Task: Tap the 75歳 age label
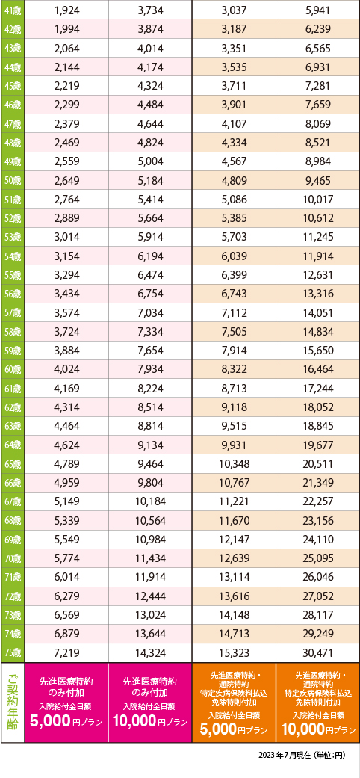tap(12, 652)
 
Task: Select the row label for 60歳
tap(12, 369)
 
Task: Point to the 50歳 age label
tap(12, 180)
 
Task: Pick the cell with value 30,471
tap(318, 653)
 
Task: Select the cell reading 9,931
tap(234, 445)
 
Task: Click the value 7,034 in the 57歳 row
tap(150, 312)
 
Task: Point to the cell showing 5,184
tap(150, 180)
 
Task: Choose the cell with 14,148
tap(234, 615)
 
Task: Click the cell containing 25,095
tap(318, 559)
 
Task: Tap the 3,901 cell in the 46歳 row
tap(234, 105)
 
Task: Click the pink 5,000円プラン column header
tap(66, 702)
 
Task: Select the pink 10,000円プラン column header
tap(150, 702)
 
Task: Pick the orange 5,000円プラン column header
tap(234, 702)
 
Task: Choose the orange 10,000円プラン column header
tap(318, 702)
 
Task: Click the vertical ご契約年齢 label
tap(13, 702)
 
